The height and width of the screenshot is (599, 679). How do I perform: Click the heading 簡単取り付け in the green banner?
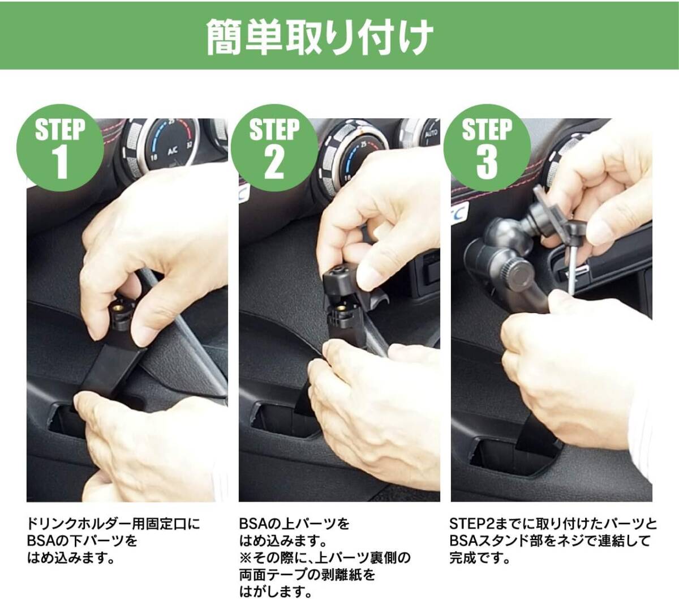319,37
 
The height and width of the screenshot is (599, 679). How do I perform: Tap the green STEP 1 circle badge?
61,148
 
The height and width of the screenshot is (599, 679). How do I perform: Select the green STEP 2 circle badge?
274,148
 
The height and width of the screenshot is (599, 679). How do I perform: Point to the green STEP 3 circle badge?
487,148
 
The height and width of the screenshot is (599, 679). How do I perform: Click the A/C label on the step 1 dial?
173,152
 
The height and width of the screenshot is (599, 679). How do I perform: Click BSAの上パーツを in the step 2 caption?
294,523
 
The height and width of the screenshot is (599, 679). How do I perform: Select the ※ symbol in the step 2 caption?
246,558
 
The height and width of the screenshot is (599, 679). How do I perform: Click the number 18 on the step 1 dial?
154,157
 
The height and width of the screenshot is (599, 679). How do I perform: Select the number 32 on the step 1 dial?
190,145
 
